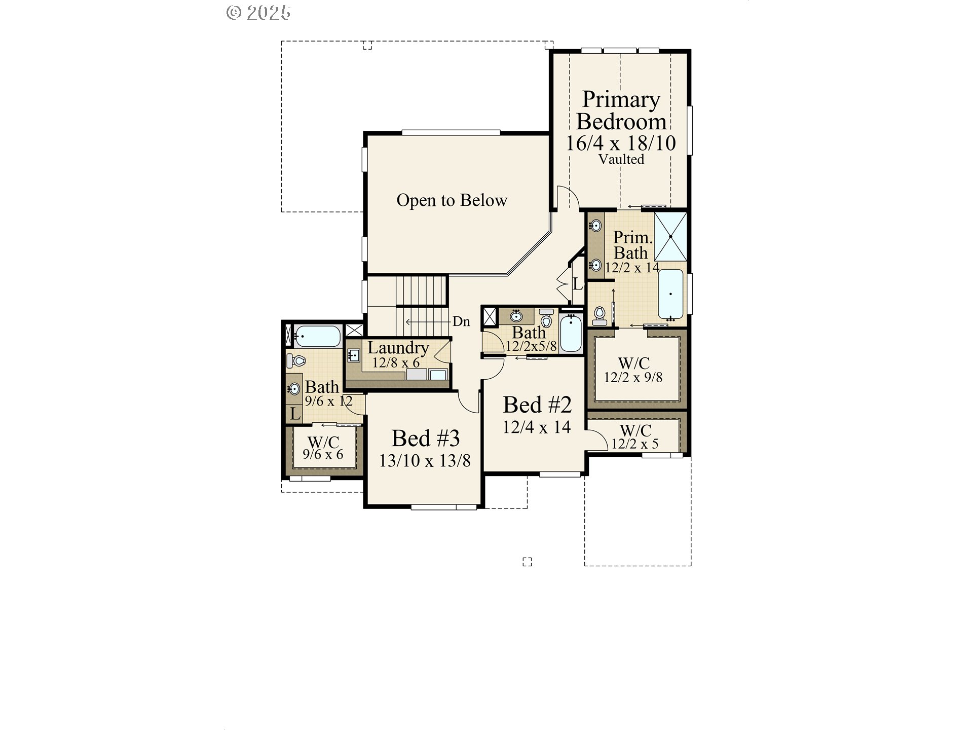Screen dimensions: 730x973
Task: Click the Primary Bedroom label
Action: [x=621, y=111]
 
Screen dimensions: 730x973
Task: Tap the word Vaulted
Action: [x=621, y=159]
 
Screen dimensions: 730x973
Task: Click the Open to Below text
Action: [x=452, y=200]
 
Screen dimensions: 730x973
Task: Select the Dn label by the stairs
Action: [x=461, y=321]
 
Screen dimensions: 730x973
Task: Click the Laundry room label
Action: [x=398, y=348]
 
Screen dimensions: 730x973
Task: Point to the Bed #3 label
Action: [x=425, y=438]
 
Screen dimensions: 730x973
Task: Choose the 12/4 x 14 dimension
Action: [x=537, y=427]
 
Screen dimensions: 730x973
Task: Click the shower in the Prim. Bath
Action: [x=670, y=237]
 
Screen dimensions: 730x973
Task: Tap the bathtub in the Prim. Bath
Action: [x=670, y=294]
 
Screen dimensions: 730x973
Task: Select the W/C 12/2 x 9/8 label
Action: [x=633, y=370]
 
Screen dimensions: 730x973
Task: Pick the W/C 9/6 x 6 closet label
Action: [x=323, y=448]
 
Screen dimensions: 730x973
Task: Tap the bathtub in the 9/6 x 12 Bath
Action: [x=318, y=336]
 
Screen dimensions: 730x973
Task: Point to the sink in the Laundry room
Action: [x=354, y=355]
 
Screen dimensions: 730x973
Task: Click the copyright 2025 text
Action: [x=258, y=13]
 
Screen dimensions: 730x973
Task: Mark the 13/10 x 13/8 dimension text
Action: [x=425, y=461]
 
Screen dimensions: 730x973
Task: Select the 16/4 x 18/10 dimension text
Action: [x=621, y=143]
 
